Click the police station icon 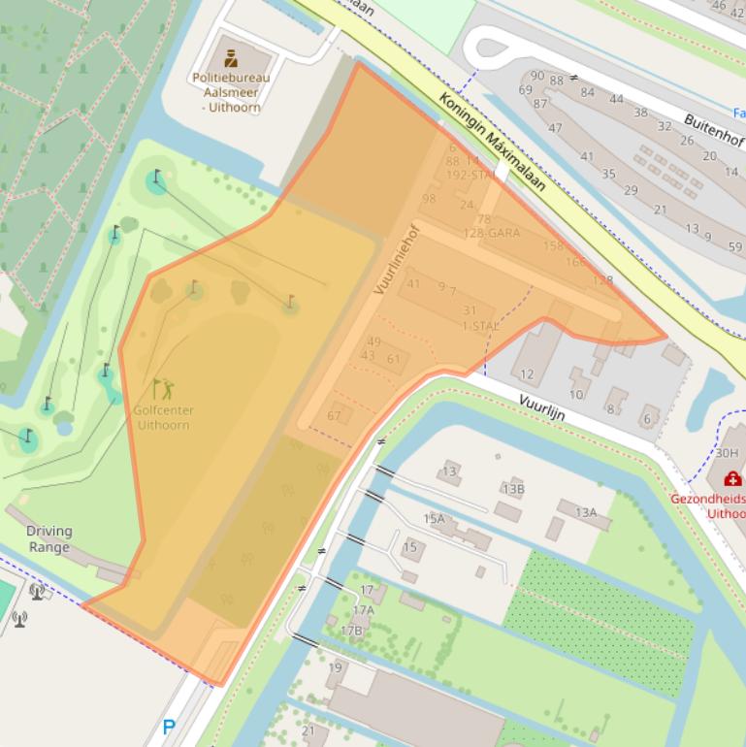pos(232,57)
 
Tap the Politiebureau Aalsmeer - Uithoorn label pos(232,92)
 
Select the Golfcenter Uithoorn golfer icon pos(163,389)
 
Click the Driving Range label pos(49,538)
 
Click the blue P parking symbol pos(170,727)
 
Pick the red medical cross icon pos(734,478)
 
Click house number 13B pos(513,488)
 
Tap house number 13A pos(585,512)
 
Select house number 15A pos(434,519)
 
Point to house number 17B pos(351,630)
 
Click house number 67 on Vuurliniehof pos(334,416)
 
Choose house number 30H pos(727,452)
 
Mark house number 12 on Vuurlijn pos(527,373)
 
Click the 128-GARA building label pos(491,233)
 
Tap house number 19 pos(336,667)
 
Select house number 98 pos(429,199)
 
